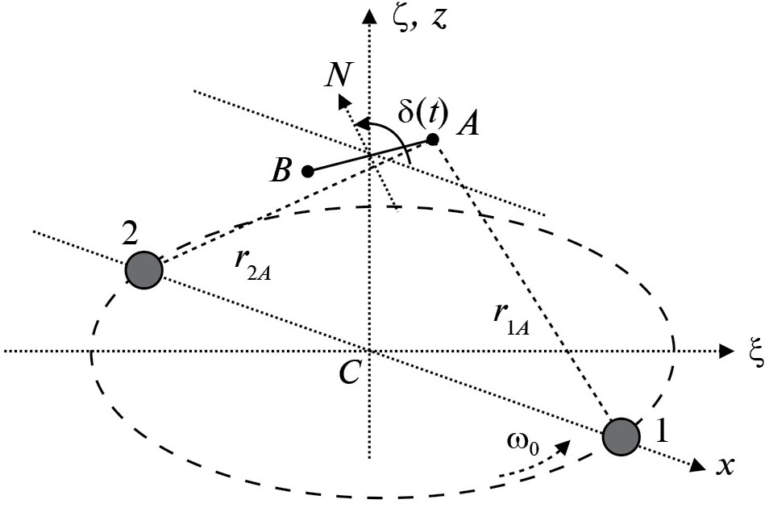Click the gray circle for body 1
(x=621, y=436)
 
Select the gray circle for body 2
(x=144, y=270)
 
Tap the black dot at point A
(x=432, y=139)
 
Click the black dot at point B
(x=307, y=171)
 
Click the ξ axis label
(x=755, y=352)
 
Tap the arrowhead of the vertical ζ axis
(x=369, y=15)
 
